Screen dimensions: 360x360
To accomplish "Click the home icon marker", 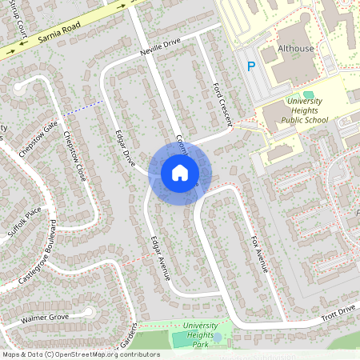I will [180, 172].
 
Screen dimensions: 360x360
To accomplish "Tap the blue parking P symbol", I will [250, 67].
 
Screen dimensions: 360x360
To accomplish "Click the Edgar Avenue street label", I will [160, 257].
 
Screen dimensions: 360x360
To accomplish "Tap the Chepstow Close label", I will [73, 156].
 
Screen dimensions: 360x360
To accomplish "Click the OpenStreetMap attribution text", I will [81, 354].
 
